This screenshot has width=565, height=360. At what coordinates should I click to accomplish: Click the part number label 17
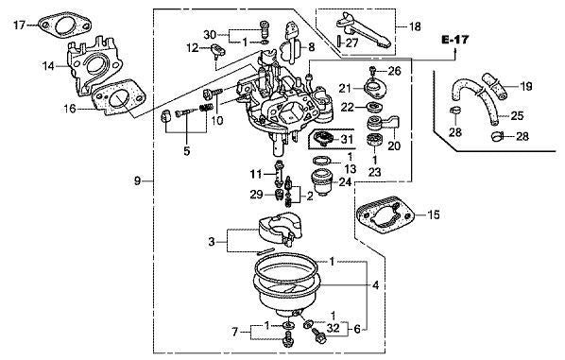(x=17, y=24)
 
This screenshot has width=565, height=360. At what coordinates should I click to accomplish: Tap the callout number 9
(x=138, y=180)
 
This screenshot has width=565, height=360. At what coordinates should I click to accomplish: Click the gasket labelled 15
(x=387, y=217)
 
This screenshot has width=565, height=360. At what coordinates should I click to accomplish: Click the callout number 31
(x=345, y=139)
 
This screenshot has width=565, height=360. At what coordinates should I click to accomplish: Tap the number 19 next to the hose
(x=526, y=87)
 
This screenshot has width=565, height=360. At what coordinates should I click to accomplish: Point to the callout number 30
(x=210, y=34)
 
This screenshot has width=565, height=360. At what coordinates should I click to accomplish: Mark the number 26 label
(x=394, y=71)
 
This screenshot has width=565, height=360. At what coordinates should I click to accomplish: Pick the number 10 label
(x=217, y=121)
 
